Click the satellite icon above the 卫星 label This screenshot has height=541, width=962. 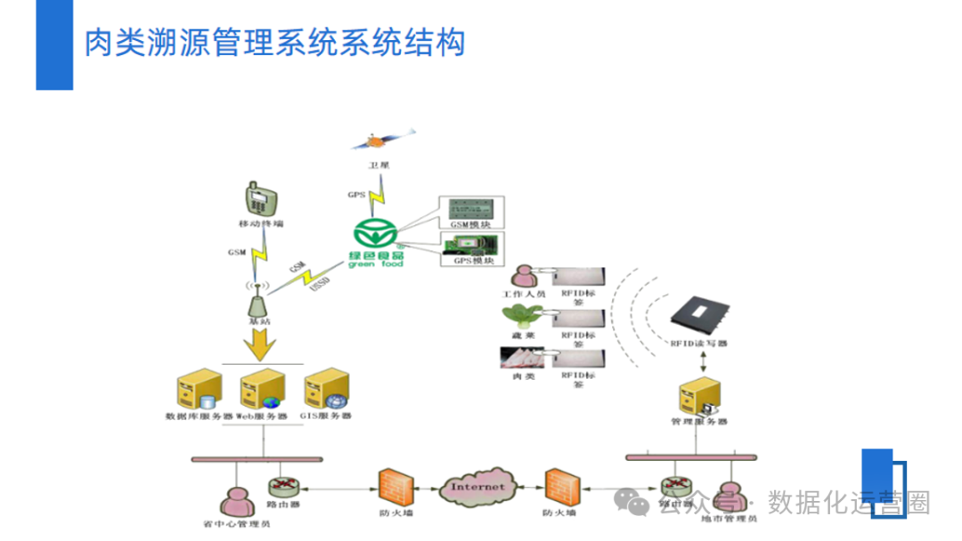coord(379,141)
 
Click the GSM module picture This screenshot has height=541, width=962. coord(471,211)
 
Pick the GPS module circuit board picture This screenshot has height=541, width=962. coord(471,244)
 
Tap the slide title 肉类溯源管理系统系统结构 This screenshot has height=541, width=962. coord(274,42)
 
